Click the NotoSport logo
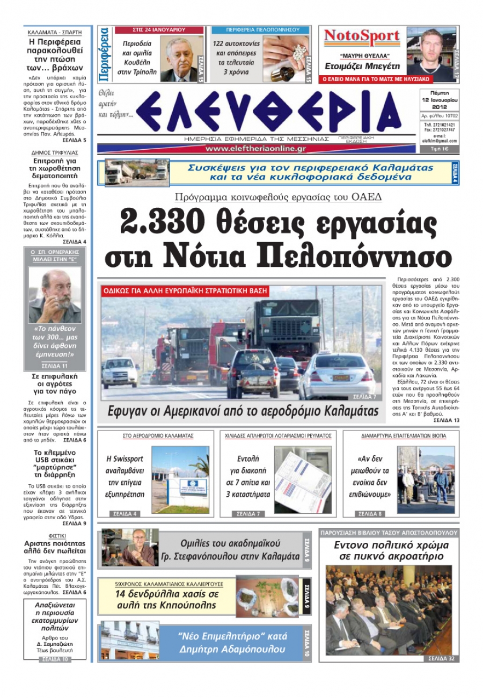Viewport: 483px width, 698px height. tap(362, 37)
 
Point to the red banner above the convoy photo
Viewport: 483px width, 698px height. tap(185, 292)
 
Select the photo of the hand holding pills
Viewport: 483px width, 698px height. tap(286, 58)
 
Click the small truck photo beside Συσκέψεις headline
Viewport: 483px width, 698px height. tap(137, 173)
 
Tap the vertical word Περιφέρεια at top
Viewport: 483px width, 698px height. tap(105, 54)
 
